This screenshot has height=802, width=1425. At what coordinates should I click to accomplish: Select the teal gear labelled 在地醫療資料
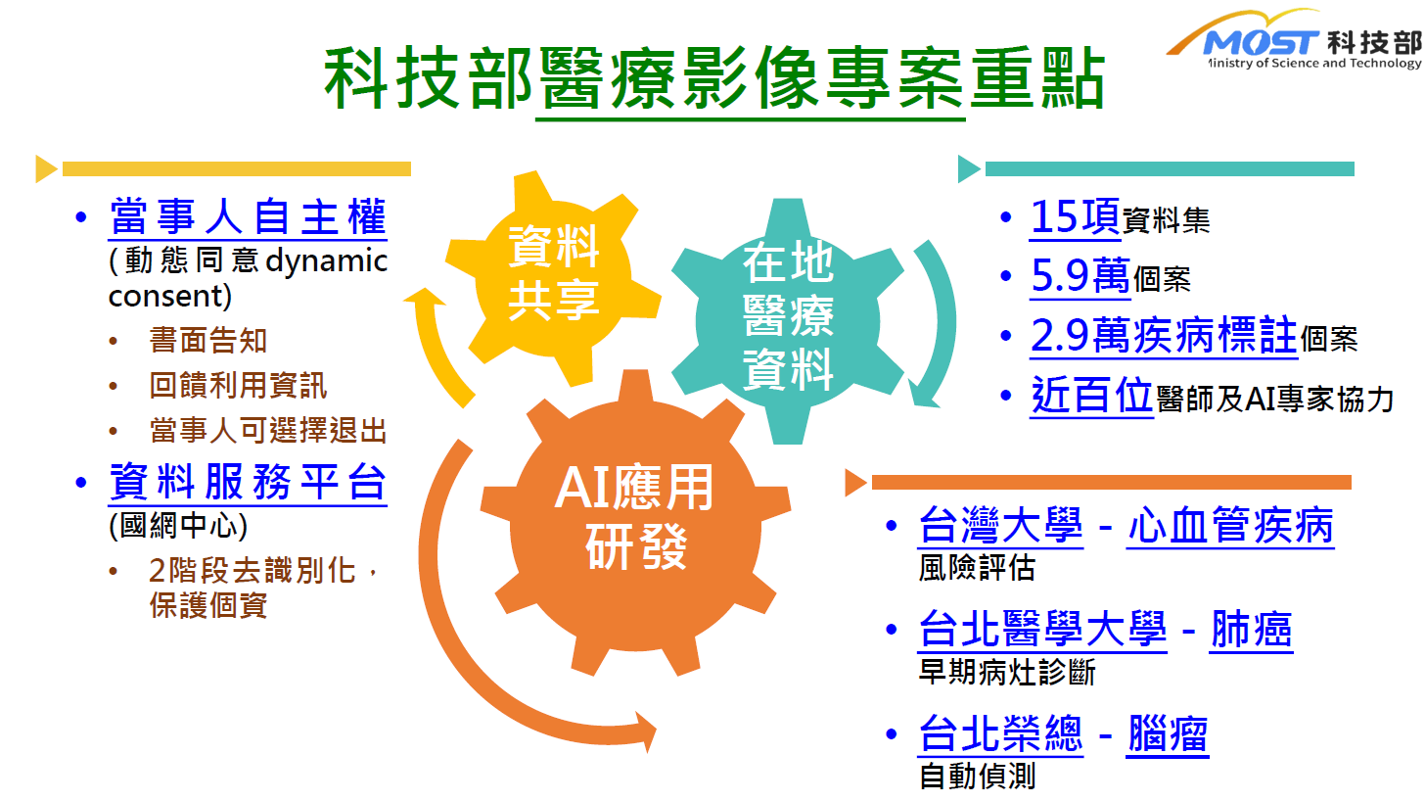788,320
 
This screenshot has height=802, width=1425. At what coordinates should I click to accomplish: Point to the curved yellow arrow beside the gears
432,351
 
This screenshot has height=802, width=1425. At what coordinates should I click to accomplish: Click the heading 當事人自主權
248,216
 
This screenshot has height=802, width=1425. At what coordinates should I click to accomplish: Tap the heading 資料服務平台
248,482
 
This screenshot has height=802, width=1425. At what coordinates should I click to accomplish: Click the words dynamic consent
249,278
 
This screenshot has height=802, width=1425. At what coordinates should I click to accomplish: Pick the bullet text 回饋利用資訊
238,385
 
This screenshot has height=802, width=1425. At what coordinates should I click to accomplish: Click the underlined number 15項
1075,217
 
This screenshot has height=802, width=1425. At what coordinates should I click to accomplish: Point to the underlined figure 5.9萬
1080,276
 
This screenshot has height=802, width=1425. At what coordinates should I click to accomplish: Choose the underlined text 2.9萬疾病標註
1164,336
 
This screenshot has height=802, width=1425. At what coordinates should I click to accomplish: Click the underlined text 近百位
1091,396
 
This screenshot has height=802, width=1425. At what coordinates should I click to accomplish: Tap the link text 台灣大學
1000,525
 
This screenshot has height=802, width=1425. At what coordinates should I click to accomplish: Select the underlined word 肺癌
1252,630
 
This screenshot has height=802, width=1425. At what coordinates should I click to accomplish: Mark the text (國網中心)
178,526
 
